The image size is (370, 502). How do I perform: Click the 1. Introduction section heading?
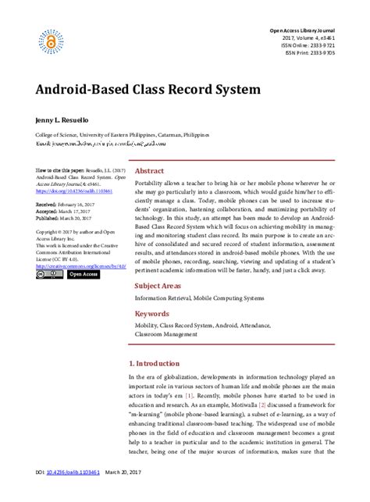tap(157, 363)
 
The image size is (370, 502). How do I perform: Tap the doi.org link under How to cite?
tap(74, 190)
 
